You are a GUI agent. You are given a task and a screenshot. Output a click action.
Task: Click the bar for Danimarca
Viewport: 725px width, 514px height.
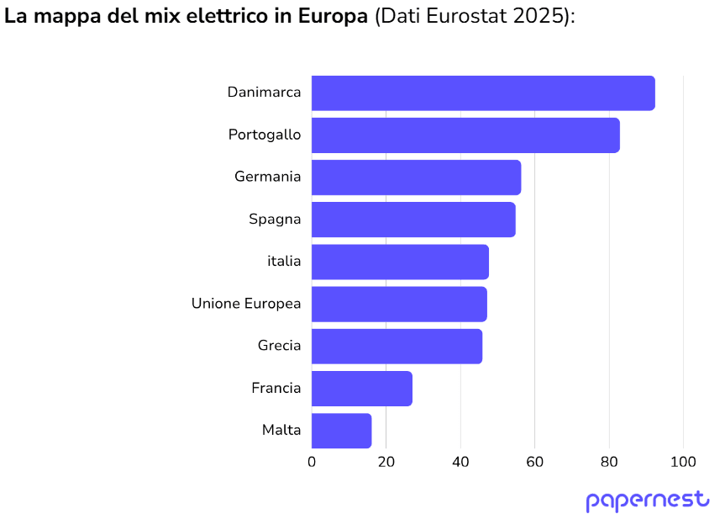coord(483,93)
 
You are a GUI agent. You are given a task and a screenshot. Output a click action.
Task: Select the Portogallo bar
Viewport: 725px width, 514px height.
coord(465,135)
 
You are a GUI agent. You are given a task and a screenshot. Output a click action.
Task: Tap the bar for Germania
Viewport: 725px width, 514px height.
coord(416,178)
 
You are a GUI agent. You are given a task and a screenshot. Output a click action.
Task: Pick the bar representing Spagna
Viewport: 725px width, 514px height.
coord(413,220)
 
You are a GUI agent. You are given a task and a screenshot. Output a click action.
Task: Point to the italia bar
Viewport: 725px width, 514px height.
coord(400,262)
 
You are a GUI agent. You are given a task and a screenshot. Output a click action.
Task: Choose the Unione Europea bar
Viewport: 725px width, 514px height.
coord(399,304)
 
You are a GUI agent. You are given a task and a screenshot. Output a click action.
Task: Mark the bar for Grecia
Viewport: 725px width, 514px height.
coord(397,346)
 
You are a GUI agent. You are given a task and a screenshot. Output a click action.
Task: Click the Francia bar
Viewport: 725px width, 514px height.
coord(362,388)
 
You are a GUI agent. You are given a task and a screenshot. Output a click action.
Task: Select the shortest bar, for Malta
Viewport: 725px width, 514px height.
coord(341,430)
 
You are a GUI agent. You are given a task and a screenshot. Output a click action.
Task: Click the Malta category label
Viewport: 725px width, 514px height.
coord(281,430)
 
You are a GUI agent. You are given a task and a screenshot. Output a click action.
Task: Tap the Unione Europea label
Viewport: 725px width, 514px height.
coord(246,304)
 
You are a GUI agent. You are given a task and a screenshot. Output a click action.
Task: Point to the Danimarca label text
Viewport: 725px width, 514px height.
coord(264,93)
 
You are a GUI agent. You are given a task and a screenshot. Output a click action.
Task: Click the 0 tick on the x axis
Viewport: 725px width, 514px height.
coord(312,462)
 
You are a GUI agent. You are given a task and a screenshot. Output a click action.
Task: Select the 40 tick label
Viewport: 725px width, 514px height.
coord(460,462)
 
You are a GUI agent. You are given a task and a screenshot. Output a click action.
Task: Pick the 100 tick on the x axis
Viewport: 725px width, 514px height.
coord(683,462)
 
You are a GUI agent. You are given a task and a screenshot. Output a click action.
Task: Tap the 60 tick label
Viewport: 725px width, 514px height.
coord(534,462)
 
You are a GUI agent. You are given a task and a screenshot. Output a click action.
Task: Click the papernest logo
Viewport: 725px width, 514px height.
coord(648,500)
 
